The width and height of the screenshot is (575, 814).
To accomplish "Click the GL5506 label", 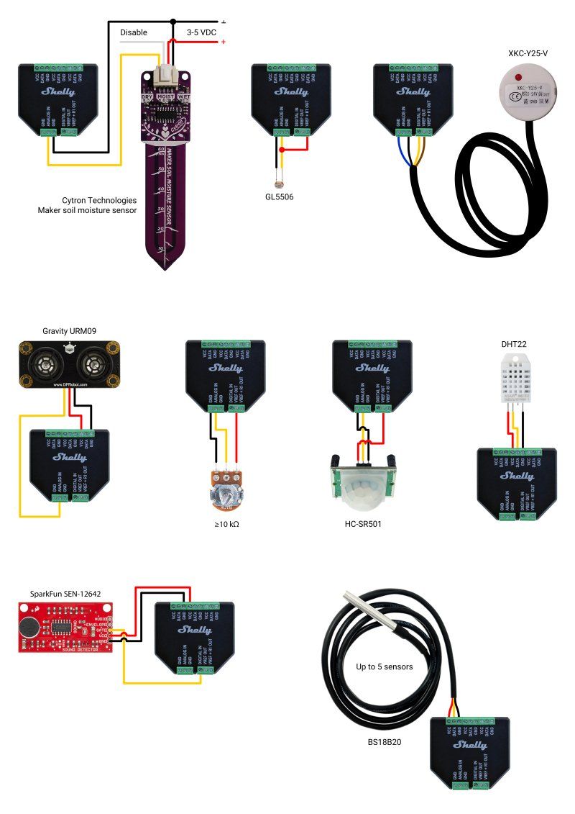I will point(279,196).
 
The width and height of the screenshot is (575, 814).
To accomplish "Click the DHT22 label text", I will point(515,345).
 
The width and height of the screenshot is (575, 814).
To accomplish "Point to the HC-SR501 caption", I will point(363,524).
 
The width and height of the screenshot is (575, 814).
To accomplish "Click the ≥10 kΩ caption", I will point(226,524).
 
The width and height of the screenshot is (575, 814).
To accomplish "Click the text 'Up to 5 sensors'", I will point(385,666).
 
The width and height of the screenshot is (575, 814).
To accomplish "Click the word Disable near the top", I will point(134,32).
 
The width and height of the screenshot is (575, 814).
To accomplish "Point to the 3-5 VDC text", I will point(201,32).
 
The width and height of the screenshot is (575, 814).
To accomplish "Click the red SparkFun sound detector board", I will point(65,627).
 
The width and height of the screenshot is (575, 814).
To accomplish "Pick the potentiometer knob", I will point(226,495).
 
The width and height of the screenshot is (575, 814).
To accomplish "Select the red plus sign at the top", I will point(224,42).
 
